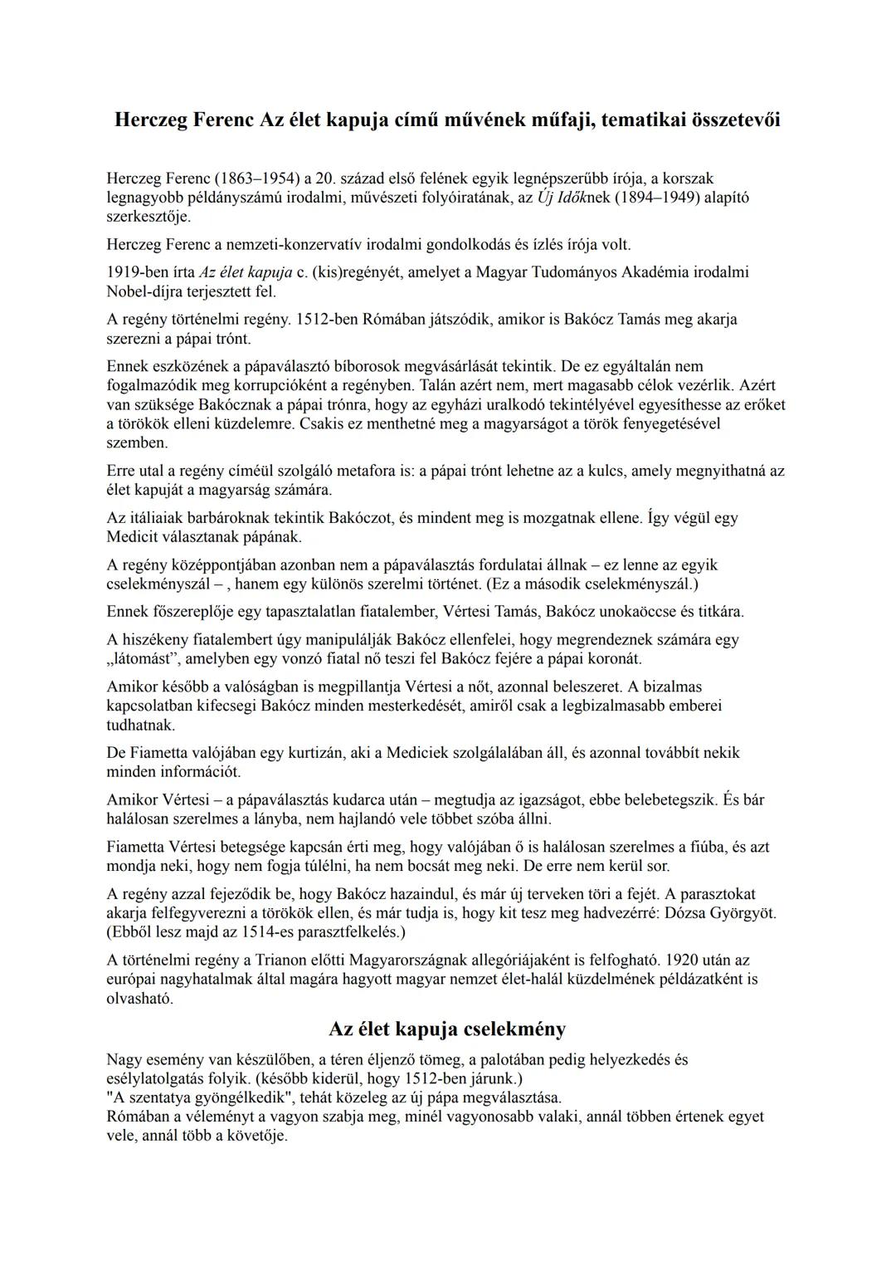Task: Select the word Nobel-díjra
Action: pos(145,291)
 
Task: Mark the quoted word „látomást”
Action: pos(144,659)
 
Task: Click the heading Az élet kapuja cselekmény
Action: pos(447,1029)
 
